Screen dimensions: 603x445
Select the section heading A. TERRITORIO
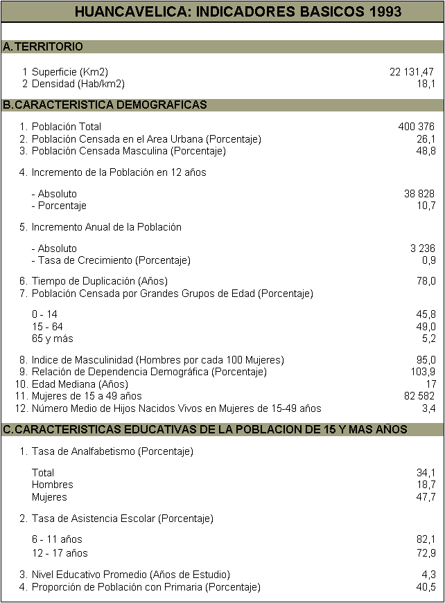click(x=43, y=46)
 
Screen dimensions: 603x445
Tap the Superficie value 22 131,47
click(x=412, y=72)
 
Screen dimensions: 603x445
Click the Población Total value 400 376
click(x=417, y=127)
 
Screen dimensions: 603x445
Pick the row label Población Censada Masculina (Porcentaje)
click(x=129, y=151)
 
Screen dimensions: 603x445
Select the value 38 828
click(x=419, y=194)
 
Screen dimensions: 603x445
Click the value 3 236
click(x=423, y=249)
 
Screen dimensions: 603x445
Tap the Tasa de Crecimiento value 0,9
click(x=429, y=260)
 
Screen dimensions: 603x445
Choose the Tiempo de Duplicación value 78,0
click(x=426, y=281)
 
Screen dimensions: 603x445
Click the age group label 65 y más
click(x=53, y=339)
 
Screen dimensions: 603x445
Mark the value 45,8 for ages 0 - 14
click(x=426, y=314)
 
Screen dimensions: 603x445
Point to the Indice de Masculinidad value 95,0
click(x=426, y=360)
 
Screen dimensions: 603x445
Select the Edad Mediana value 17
click(x=430, y=384)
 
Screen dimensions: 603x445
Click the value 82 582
click(x=419, y=396)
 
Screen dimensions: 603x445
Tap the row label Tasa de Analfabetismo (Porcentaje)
click(x=112, y=451)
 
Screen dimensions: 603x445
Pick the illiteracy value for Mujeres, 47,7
click(x=426, y=497)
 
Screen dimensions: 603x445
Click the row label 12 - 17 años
click(x=60, y=553)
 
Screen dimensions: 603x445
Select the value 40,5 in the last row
click(x=426, y=587)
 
